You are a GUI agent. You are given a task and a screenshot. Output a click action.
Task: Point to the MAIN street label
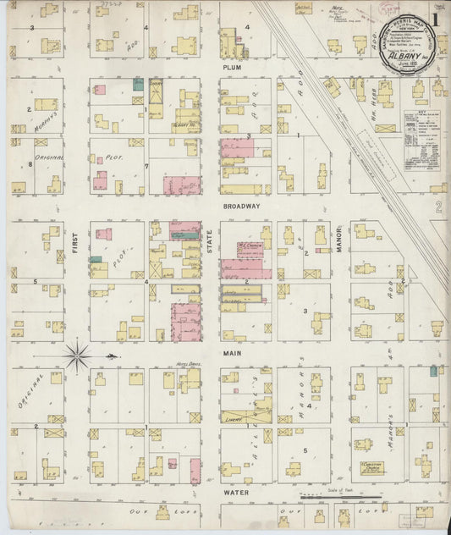pyautogui.click(x=233, y=351)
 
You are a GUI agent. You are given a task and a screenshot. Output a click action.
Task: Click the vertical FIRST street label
pyautogui.click(x=75, y=252)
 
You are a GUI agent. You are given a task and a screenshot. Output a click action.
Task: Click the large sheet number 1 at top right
pyautogui.click(x=434, y=19)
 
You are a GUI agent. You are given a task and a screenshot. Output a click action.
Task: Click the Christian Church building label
pyautogui.click(x=372, y=467)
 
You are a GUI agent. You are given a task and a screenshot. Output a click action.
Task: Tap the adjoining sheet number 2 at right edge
pyautogui.click(x=437, y=207)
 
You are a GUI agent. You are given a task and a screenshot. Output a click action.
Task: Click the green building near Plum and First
pyautogui.click(x=138, y=85)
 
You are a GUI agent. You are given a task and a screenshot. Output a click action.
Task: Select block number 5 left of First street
pyautogui.click(x=36, y=281)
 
